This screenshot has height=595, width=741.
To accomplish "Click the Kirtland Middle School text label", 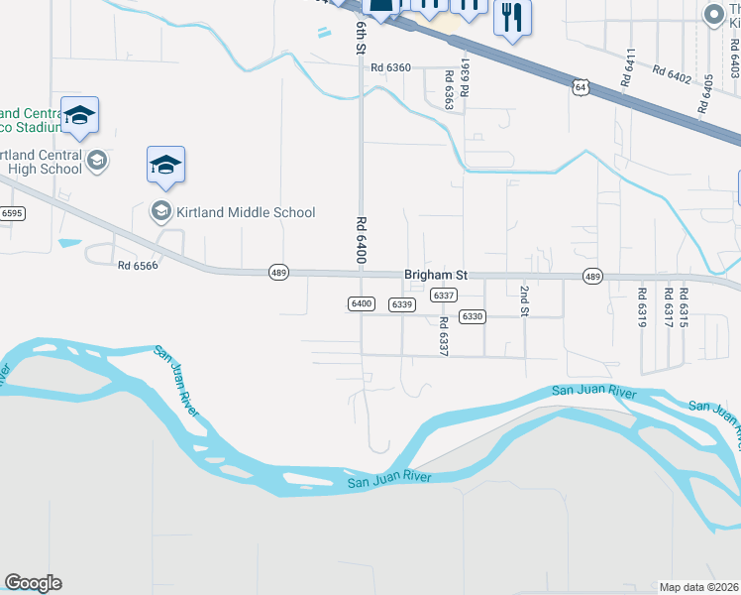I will coord(246,212).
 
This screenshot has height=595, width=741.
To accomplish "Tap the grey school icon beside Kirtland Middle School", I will coord(159,211).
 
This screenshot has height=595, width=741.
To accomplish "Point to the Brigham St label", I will coord(435,275).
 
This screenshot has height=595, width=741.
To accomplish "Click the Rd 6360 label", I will coord(390,68).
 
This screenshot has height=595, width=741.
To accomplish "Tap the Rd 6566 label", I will coord(137,265).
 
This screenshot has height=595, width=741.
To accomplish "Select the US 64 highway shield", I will coord(581,88).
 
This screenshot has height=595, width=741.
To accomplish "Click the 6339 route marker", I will coord(400,304).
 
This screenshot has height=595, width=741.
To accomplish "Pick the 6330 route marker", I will coord(472,316).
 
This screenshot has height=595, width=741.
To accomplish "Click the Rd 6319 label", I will coord(642,308).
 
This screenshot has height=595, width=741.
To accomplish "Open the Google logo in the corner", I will coord(33,583).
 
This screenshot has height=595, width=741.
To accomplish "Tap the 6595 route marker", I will coord(12,213).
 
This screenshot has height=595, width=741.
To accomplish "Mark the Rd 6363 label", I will coord(449,88).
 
